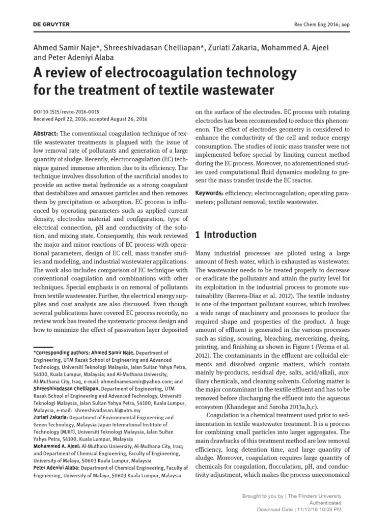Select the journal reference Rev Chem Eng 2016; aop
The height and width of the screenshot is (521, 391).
pyautogui.click(x=337, y=24)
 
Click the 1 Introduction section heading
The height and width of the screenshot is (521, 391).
pyautogui.click(x=226, y=235)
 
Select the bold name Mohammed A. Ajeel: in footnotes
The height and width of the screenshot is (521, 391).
pyautogui.click(x=55, y=444)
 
